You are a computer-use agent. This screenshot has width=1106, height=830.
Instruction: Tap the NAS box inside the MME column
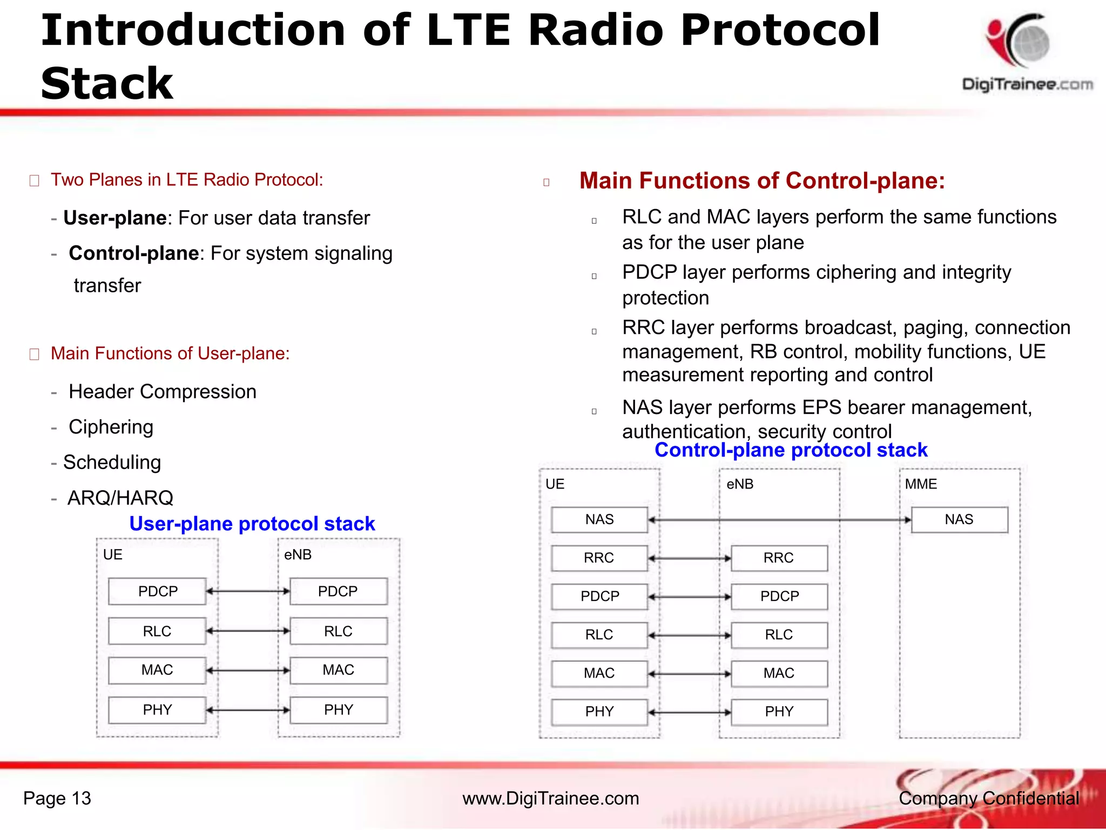click(959, 520)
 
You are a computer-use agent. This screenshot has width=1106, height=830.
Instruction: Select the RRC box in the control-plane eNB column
click(779, 558)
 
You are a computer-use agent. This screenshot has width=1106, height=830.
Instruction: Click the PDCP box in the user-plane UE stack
click(157, 591)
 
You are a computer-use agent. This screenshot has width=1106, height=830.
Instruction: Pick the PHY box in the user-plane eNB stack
click(339, 710)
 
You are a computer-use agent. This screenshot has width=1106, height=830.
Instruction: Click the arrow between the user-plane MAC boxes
click(248, 671)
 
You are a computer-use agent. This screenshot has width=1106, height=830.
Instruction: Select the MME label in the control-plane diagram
click(921, 484)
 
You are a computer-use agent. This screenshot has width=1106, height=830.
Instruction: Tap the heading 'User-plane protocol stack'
click(252, 524)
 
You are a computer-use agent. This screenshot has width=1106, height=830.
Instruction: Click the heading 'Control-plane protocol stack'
click(791, 450)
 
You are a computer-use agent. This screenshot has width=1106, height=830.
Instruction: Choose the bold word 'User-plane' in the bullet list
click(114, 218)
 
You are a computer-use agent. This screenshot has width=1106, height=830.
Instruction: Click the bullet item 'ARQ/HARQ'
click(120, 498)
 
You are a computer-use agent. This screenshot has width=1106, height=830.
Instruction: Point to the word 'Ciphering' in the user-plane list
click(111, 427)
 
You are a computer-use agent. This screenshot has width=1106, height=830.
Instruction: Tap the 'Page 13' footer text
click(57, 798)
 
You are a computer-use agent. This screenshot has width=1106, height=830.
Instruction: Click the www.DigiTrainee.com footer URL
click(550, 798)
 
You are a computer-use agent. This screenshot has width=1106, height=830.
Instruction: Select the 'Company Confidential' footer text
click(988, 798)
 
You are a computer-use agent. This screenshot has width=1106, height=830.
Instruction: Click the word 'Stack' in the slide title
click(107, 84)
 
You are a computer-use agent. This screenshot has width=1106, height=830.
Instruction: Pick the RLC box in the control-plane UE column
click(599, 635)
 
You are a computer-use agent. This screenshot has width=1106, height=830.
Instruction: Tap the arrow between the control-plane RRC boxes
click(689, 558)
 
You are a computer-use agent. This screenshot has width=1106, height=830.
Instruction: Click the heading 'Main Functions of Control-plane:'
click(761, 180)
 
